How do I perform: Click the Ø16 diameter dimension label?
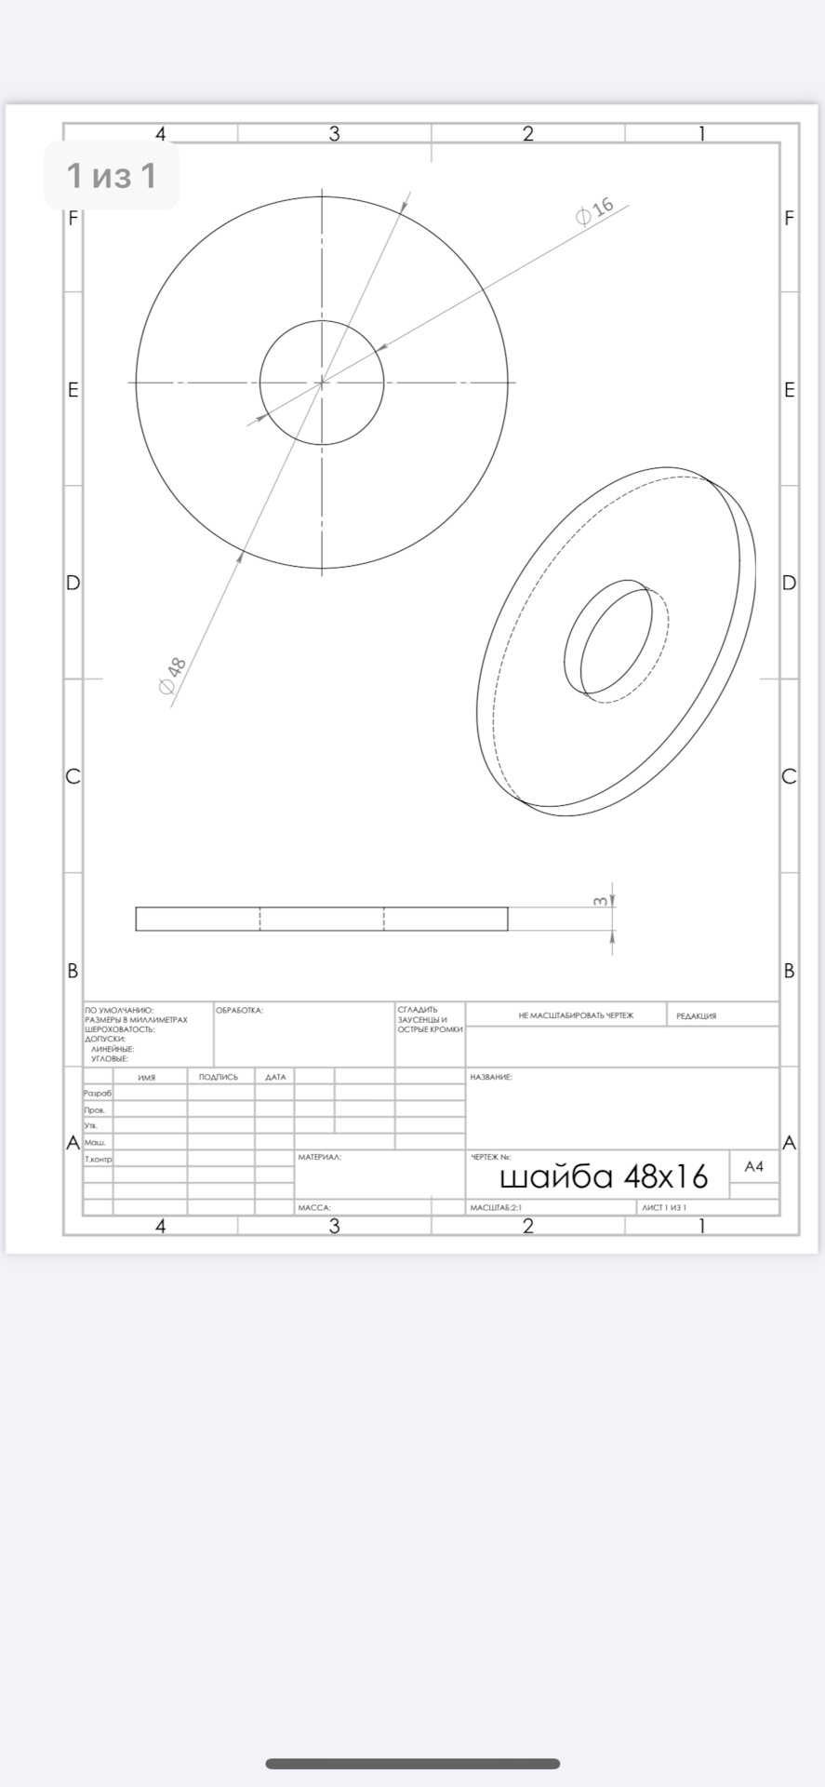click(x=595, y=210)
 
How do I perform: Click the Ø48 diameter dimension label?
click(x=173, y=676)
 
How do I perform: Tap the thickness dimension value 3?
click(x=601, y=901)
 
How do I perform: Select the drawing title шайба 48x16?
click(x=604, y=1177)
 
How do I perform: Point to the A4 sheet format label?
click(x=754, y=1166)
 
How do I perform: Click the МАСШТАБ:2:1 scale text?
click(x=496, y=1207)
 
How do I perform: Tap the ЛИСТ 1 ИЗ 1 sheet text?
click(x=664, y=1207)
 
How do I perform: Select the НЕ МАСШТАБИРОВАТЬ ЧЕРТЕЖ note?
click(x=576, y=1015)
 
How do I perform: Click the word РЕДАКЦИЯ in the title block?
click(x=697, y=1016)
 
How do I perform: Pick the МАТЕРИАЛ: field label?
click(x=319, y=1157)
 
